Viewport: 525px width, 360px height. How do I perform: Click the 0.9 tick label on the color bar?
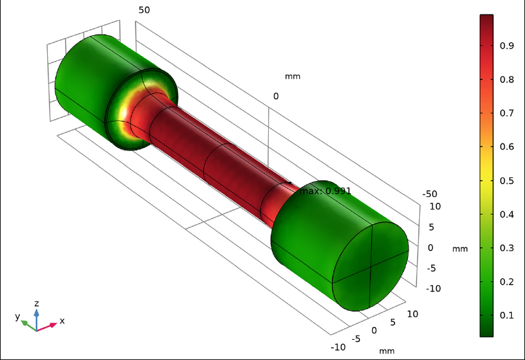[x=507, y=45]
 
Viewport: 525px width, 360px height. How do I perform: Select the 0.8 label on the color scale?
[x=507, y=79]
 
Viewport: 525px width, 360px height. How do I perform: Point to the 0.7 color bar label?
[x=507, y=113]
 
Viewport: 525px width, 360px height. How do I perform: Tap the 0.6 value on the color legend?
[x=507, y=147]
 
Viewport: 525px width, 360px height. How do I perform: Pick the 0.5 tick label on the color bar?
[x=507, y=181]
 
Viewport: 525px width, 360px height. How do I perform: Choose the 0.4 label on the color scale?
[x=507, y=214]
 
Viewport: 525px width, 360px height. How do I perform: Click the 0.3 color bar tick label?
[x=507, y=248]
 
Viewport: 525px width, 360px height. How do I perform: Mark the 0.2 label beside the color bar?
[x=507, y=281]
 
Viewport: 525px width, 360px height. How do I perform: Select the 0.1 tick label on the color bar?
[x=507, y=315]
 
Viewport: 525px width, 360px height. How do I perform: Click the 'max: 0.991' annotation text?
[x=325, y=191]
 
